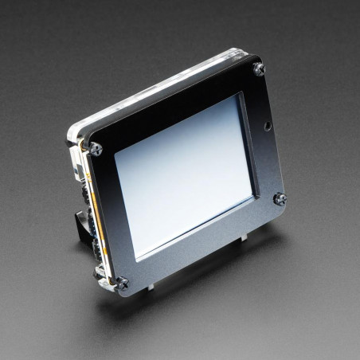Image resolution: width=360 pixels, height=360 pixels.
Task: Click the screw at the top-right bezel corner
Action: pos(259,69)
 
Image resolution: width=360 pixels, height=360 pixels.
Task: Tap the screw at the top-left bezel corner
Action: pos(96,148)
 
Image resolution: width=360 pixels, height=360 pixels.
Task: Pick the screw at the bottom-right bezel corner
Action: pos(280,198)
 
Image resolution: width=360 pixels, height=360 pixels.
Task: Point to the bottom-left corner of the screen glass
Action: pos(136,257)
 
